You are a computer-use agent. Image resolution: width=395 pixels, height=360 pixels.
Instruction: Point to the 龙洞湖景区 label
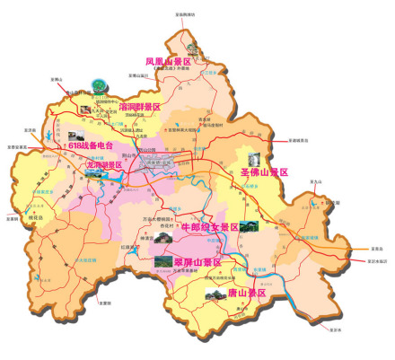(104, 165)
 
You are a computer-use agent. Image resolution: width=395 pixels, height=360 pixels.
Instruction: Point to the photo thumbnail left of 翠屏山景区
(162, 261)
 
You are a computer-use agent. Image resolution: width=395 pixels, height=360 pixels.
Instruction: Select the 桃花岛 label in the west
(37, 216)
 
